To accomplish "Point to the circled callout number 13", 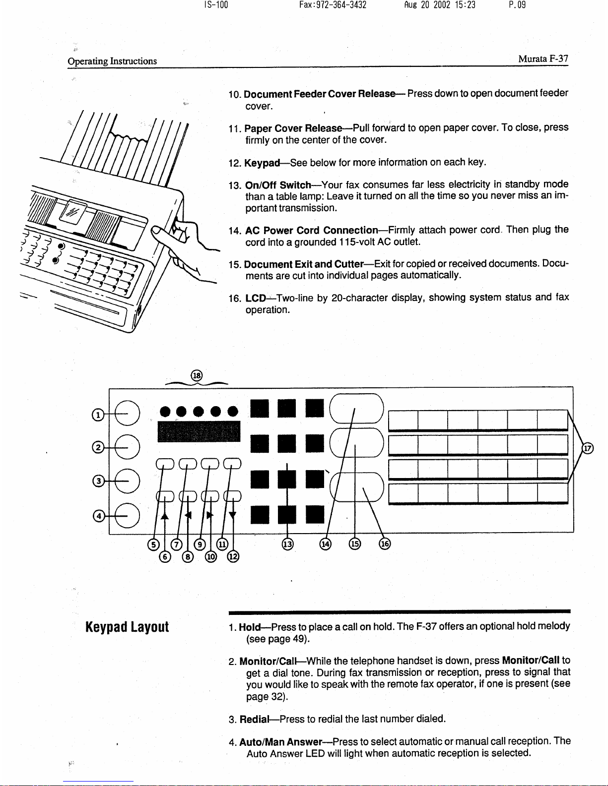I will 287,544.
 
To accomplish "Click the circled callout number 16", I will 385,544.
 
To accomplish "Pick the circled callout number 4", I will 99,516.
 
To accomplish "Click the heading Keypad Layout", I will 127,627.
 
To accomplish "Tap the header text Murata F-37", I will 543,59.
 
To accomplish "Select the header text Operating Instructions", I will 112,61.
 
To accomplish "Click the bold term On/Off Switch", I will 278,185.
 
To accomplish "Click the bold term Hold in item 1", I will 250,627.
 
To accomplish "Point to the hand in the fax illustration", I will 186,238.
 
